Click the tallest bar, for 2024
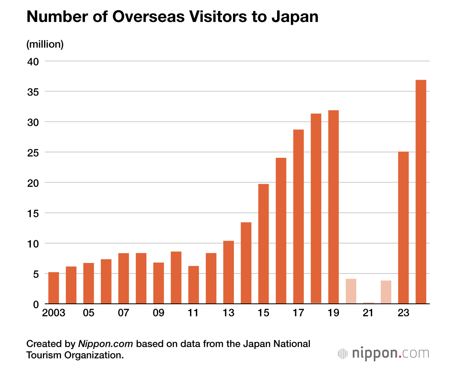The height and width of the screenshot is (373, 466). pos(421,192)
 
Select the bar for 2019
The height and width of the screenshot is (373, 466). pos(333,207)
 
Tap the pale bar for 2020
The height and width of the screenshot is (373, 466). pos(351,291)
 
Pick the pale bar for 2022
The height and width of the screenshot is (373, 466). pos(386,292)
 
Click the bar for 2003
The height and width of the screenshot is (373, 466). pos(53,288)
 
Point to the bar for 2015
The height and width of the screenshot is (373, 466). pos(263,244)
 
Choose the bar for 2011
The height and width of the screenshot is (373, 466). pos(193,285)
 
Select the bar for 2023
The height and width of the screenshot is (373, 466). pos(403,228)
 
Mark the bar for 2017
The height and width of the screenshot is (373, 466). pos(299,216)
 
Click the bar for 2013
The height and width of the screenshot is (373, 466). pos(229,272)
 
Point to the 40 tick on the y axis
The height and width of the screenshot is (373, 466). pos(33,61)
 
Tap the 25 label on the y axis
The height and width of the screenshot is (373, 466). pos(33,153)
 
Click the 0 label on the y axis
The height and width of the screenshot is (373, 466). pos(36,304)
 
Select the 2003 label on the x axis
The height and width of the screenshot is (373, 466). pos(53,314)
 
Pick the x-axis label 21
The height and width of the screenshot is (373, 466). pos(368,314)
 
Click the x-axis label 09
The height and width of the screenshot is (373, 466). pos(159,314)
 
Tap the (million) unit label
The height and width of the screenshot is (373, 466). pos(45,44)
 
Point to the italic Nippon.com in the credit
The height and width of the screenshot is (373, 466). pos(106,344)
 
